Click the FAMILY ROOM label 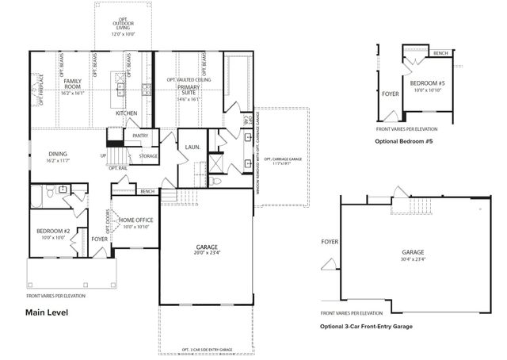72,82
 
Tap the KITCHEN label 127,113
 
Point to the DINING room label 58,155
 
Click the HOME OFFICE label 135,220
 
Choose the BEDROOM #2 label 54,232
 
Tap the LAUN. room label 192,147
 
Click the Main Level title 47,312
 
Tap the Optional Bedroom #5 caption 404,140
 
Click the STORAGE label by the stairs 148,156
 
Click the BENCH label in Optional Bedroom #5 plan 441,53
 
